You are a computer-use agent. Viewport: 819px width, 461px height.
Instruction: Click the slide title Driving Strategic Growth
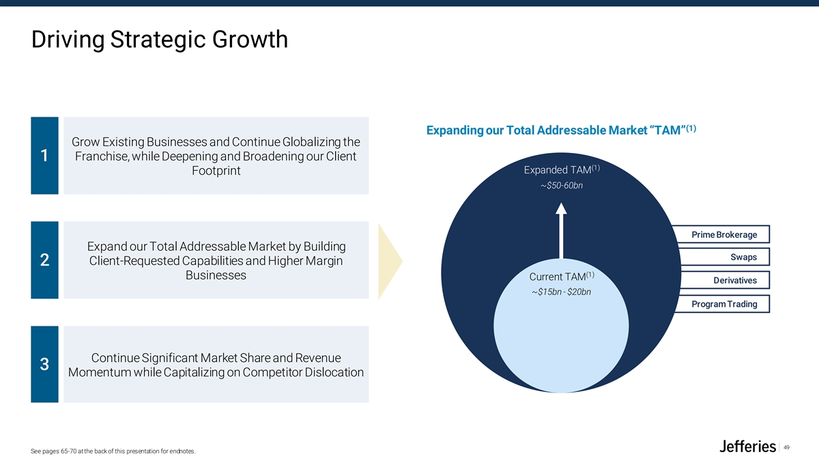click(x=160, y=40)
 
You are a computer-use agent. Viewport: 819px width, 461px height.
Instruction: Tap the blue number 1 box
click(x=44, y=156)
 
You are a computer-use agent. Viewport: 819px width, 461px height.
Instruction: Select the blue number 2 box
click(x=44, y=260)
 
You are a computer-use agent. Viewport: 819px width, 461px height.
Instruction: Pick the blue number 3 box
click(x=44, y=364)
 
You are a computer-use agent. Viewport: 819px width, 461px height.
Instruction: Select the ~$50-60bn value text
click(x=561, y=186)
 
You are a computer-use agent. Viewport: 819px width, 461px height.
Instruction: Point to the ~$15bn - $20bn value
click(x=561, y=293)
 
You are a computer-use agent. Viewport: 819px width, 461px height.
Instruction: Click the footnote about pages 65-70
click(x=113, y=451)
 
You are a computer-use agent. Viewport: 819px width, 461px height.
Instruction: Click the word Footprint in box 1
click(x=216, y=171)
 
